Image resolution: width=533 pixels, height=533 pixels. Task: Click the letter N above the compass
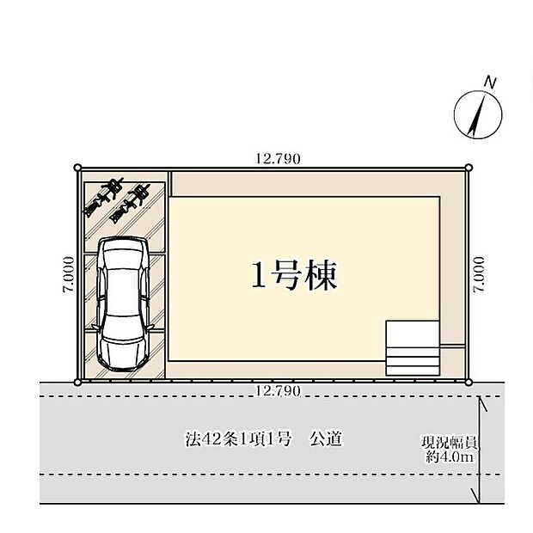tap(490, 83)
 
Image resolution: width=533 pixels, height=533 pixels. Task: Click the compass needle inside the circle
tap(476, 116)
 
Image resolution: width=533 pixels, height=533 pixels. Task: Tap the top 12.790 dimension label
tap(278, 159)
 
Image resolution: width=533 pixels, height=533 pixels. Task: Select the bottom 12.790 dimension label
tap(278, 391)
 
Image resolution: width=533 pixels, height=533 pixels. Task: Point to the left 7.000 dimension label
tap(68, 274)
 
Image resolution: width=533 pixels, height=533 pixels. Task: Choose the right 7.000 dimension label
tap(479, 274)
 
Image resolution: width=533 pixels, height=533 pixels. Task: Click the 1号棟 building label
tap(294, 276)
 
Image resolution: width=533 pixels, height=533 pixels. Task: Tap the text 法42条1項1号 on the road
tap(239, 439)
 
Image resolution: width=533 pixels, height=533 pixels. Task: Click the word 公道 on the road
tap(325, 438)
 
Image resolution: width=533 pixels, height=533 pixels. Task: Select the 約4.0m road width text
tap(450, 457)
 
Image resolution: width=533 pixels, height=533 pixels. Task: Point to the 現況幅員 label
tap(450, 442)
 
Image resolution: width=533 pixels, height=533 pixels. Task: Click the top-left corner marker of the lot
tap(78, 168)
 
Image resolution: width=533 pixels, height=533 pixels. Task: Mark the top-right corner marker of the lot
tap(469, 168)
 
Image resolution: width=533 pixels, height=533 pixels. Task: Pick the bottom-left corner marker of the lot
tap(78, 383)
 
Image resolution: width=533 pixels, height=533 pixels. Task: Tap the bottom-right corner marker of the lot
tap(469, 383)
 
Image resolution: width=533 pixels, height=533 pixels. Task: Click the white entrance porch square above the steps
tap(413, 334)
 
